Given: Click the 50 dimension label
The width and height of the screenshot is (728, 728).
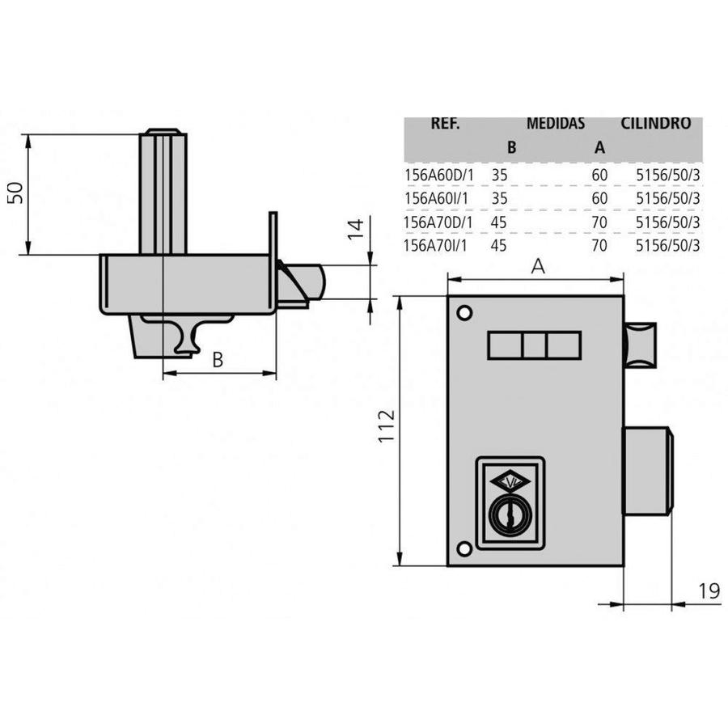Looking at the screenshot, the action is point(16,193).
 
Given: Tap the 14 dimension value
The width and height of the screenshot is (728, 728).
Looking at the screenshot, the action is point(356,230).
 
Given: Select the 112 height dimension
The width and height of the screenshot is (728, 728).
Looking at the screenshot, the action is point(387,426).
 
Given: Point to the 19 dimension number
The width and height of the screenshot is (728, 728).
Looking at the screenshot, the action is point(709,591).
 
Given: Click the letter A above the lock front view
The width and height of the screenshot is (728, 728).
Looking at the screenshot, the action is point(538,266).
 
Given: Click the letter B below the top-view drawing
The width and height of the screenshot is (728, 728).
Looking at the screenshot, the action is point(218,359).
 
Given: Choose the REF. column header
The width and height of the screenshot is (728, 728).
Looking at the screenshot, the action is point(445,124).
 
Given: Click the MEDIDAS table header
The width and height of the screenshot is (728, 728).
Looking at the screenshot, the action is point(555,124).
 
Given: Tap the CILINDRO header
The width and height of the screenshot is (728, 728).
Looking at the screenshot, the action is point(655,124).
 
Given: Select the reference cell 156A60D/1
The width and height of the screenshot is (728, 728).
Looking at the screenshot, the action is point(439,175).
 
